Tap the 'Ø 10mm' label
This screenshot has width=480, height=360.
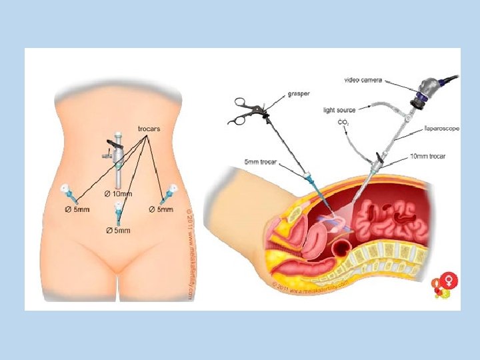click(x=119, y=193)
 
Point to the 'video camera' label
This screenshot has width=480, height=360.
click(x=363, y=80)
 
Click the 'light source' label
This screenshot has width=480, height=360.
click(x=340, y=109)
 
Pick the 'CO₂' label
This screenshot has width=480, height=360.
click(x=344, y=123)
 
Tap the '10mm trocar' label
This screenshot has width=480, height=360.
click(x=427, y=156)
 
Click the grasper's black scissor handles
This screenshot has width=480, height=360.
click(x=242, y=111)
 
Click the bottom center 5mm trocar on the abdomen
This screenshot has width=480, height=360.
click(x=119, y=213)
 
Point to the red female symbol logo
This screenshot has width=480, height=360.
click(x=443, y=285)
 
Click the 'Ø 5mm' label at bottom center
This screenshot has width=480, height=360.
click(x=119, y=231)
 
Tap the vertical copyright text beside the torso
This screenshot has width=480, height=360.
click(x=189, y=253)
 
